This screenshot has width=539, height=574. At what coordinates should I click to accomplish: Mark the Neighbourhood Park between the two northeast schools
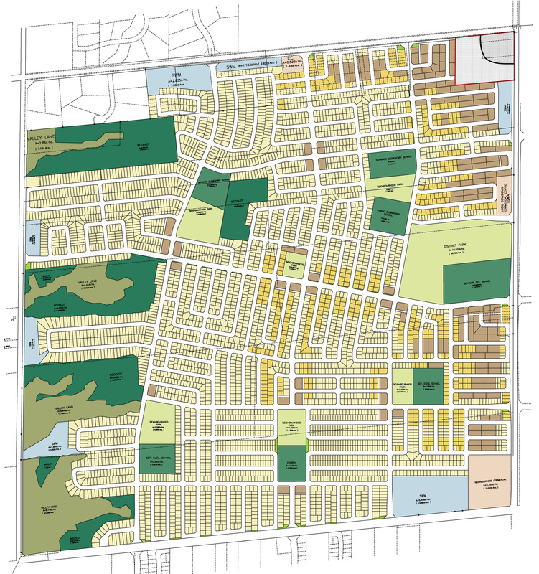388,186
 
